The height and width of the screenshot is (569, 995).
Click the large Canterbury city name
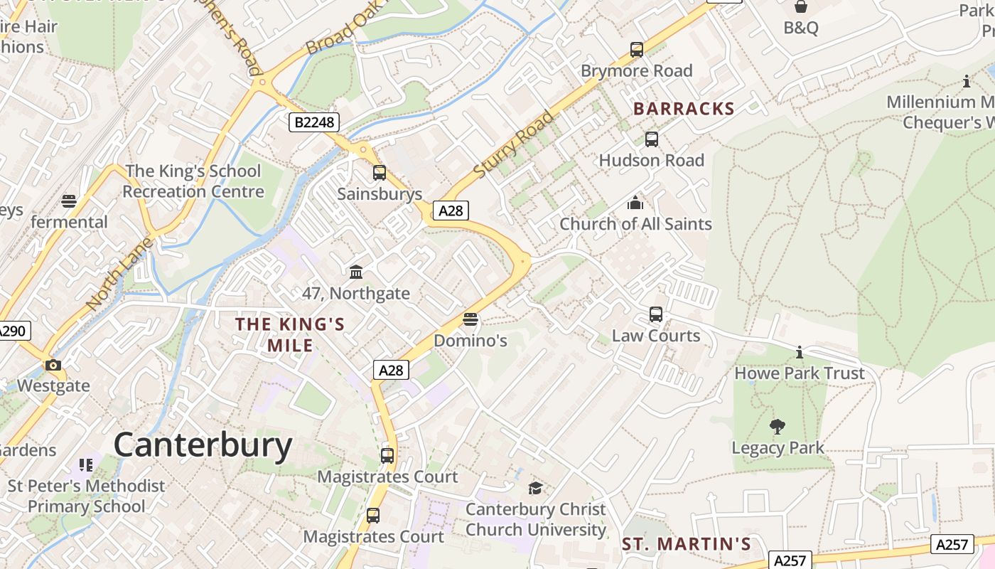203,446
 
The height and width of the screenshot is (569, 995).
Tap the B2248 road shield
313,122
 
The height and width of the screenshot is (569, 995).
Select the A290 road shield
12,331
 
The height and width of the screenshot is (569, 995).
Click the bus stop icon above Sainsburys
380,173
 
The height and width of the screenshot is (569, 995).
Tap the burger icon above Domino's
470,319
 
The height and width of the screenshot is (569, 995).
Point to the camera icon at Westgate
53,366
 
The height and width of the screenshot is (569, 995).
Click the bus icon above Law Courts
656,314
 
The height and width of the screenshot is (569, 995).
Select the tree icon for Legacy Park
778,427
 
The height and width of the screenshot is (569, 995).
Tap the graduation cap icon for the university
535,488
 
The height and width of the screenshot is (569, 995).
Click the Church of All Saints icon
635,203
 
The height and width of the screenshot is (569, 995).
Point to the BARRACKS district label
684,109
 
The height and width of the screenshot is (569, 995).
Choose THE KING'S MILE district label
290,334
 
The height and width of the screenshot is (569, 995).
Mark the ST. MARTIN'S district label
687,544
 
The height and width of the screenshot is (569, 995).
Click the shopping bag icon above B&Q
801,7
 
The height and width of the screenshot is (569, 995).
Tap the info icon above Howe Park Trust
800,352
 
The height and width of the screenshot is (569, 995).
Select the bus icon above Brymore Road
637,50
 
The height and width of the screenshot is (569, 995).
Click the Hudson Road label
652,160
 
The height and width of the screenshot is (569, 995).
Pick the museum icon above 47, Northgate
356,272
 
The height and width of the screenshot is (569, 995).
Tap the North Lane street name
119,274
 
